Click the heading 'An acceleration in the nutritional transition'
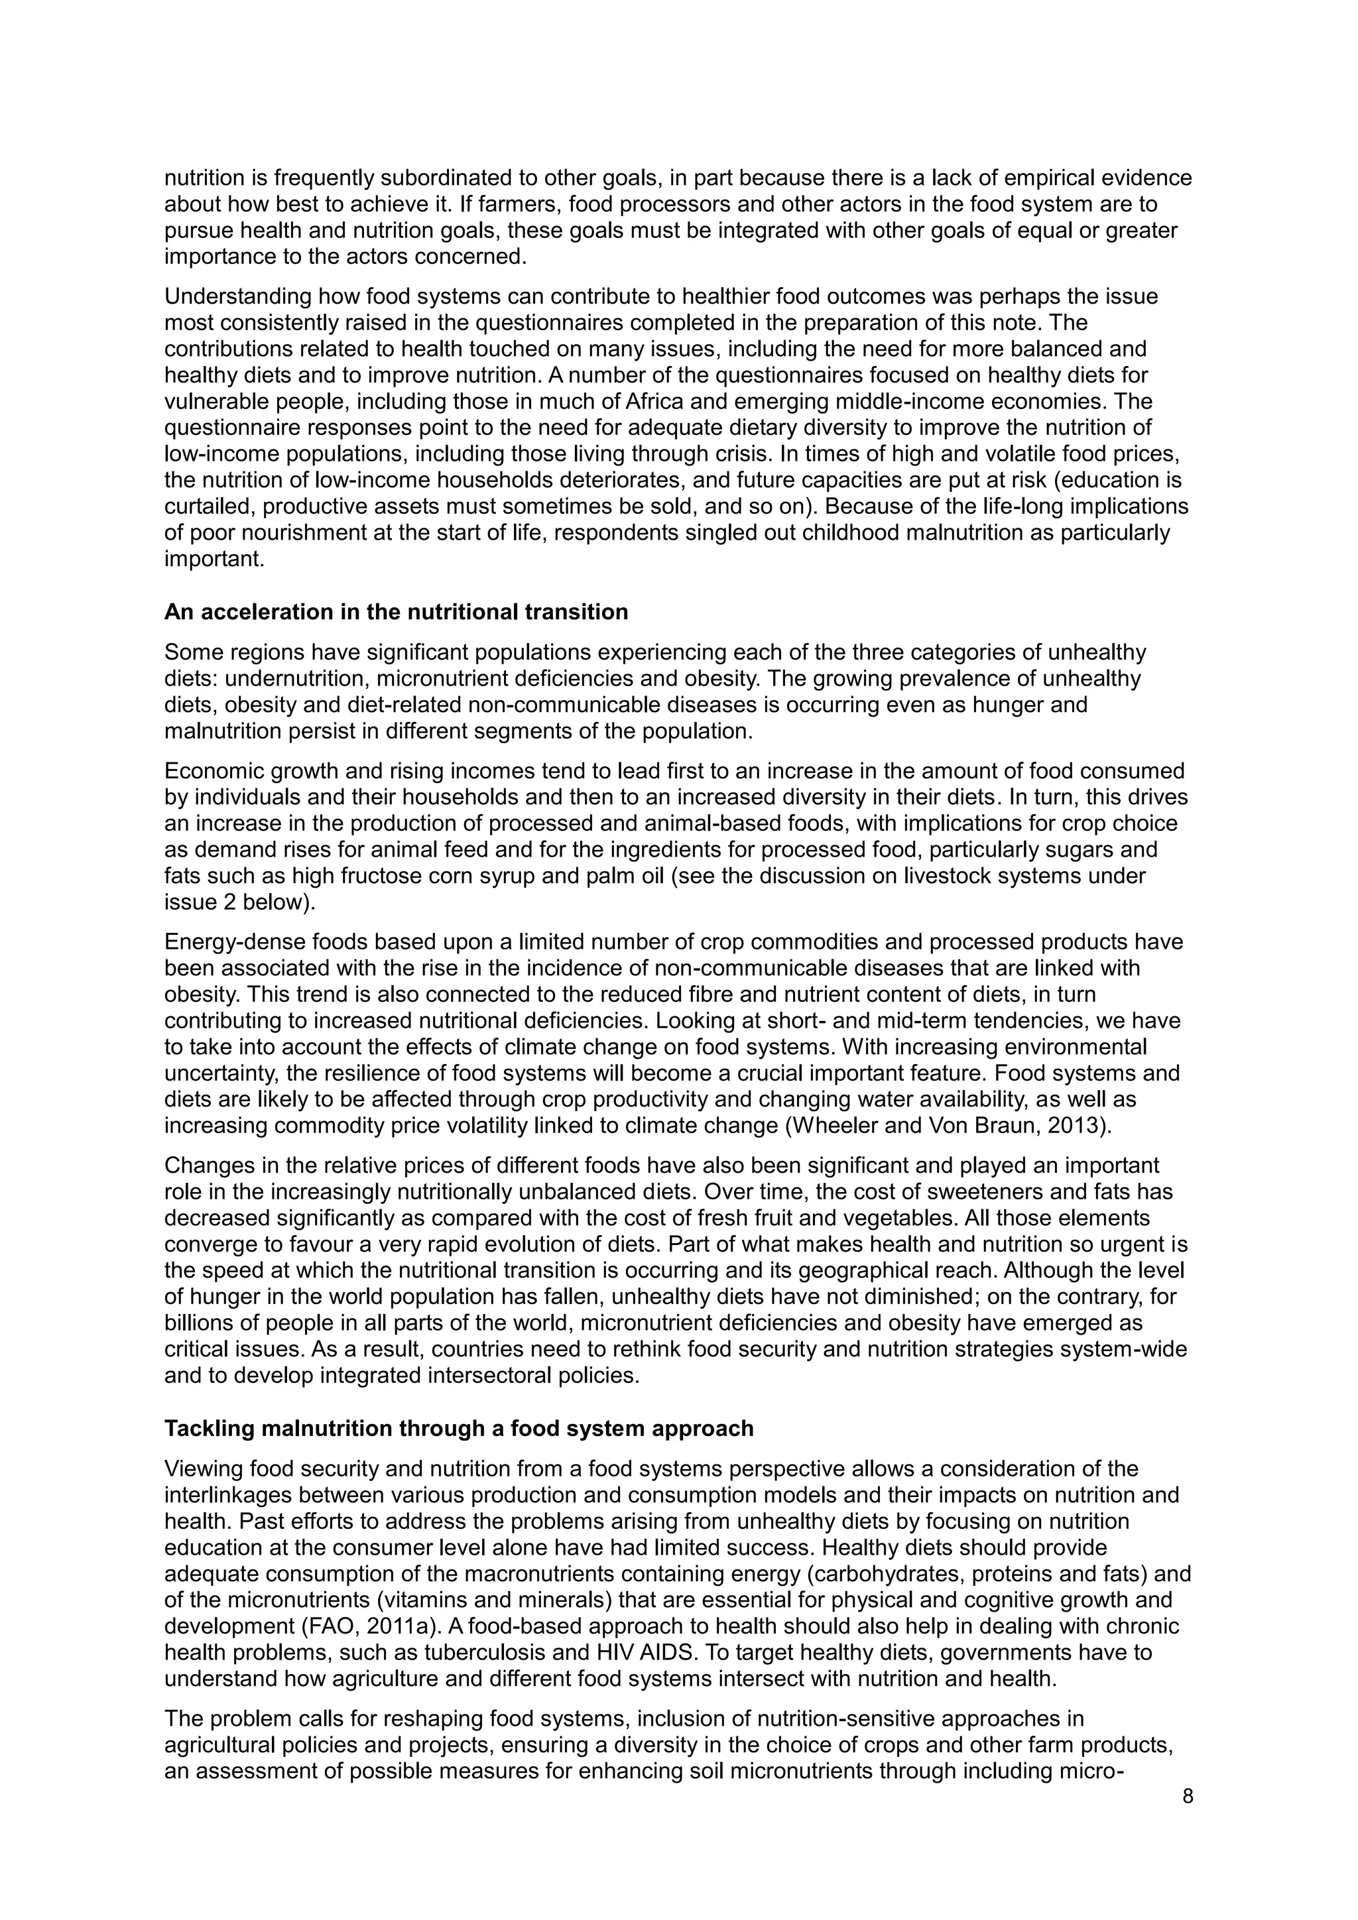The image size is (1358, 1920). (395, 612)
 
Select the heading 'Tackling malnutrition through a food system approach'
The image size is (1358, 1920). (458, 1428)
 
